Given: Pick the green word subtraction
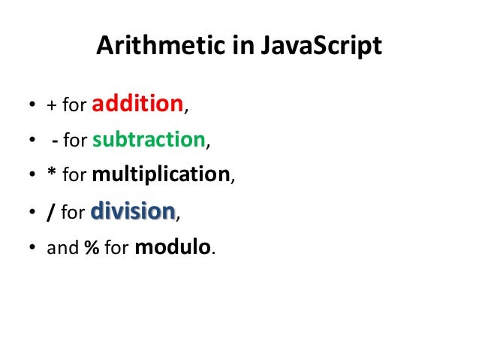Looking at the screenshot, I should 159,139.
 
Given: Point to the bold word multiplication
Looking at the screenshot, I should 160,175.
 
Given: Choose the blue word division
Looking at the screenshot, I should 133,211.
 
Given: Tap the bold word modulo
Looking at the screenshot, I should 173,247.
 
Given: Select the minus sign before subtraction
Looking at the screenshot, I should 56,141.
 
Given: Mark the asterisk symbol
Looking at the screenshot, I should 51,175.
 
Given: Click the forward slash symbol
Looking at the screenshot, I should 50,213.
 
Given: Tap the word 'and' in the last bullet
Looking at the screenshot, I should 62,249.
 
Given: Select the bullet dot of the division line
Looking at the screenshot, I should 32,213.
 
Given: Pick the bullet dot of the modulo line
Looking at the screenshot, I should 32,249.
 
